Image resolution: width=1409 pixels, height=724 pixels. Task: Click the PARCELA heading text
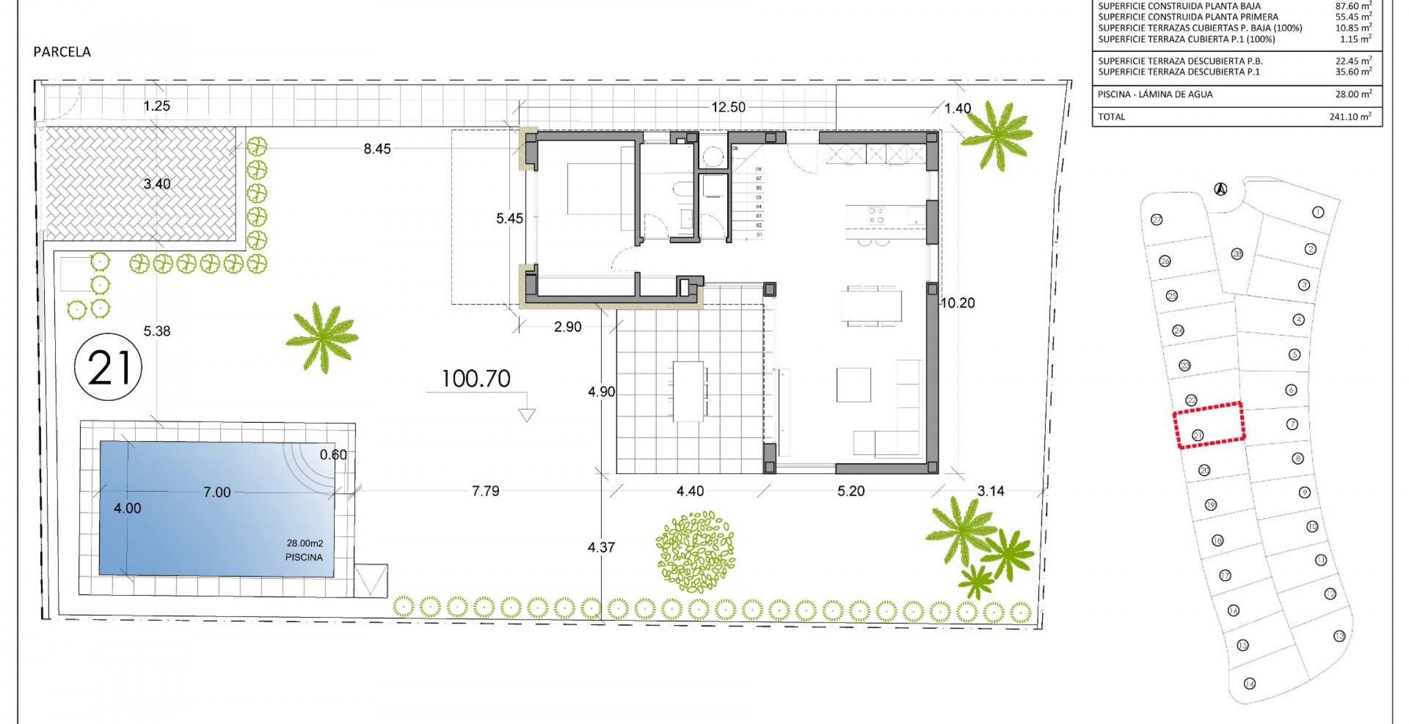point(62,52)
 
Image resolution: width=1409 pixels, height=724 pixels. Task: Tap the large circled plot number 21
point(108,367)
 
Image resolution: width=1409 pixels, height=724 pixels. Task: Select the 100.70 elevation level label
point(476,379)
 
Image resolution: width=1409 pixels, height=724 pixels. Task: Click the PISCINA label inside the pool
point(304,557)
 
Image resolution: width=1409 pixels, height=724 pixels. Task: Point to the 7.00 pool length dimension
point(217,492)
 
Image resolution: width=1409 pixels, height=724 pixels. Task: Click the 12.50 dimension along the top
point(728,108)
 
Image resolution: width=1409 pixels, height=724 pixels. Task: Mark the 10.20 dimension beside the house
point(958,303)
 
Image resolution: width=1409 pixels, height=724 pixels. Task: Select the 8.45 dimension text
point(377,149)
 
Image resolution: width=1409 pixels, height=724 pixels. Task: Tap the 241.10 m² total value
point(1350,117)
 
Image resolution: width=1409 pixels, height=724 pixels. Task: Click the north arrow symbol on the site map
point(1221,189)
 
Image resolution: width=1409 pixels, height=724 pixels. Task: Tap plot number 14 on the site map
point(1249,684)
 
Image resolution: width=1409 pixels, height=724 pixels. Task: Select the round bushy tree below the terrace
point(695,552)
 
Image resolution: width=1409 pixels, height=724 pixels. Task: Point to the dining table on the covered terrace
point(689,391)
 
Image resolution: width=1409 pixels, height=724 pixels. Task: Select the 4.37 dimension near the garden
point(601,547)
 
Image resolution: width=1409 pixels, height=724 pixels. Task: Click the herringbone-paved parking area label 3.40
point(157,184)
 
